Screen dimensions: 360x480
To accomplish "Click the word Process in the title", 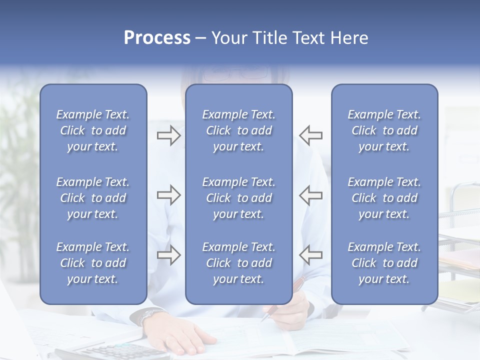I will (157, 38).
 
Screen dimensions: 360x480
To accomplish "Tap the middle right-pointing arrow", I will (168, 195).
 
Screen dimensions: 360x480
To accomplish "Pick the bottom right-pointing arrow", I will (168, 255).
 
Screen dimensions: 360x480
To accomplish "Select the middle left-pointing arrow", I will (311, 195).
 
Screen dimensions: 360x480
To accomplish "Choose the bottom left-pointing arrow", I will (311, 255).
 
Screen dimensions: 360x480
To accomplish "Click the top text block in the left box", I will (93, 130).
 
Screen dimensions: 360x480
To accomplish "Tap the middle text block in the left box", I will (93, 198).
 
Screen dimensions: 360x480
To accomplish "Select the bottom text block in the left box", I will (93, 263).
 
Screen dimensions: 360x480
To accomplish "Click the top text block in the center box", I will (239, 130).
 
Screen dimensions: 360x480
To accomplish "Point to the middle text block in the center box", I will (239, 198).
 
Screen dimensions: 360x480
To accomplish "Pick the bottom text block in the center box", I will (239, 263).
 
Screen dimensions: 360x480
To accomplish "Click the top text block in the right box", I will (384, 130).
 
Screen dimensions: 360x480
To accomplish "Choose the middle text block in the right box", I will (384, 198).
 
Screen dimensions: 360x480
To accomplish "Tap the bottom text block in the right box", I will (384, 263).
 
